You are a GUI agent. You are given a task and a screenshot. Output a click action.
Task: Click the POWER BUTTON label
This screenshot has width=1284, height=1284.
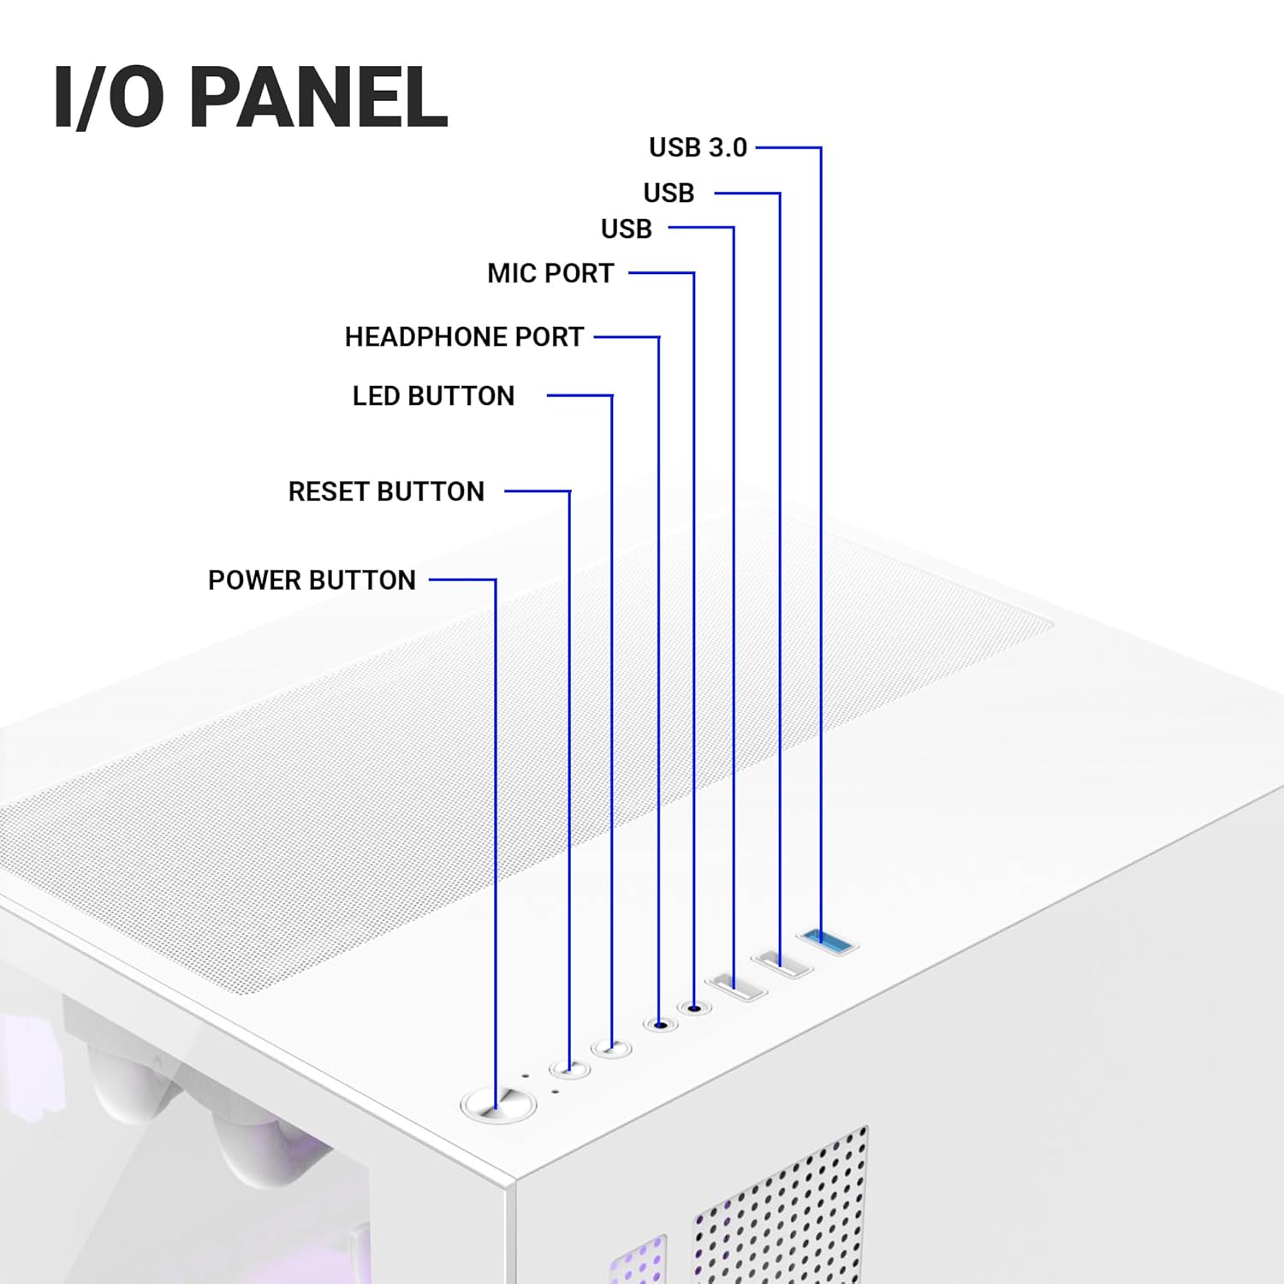tap(312, 580)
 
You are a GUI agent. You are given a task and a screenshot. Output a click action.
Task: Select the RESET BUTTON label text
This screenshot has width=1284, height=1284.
tap(386, 492)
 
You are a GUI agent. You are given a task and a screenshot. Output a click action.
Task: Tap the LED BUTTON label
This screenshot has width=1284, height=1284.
tap(433, 396)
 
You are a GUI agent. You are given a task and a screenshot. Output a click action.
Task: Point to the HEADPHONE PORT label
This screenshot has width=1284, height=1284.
tap(464, 337)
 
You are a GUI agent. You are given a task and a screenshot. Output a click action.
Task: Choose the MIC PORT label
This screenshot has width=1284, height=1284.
tap(550, 274)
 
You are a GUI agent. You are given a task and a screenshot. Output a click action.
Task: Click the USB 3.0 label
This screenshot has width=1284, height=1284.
tap(698, 148)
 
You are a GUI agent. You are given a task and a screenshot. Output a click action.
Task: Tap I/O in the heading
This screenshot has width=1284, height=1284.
tap(109, 97)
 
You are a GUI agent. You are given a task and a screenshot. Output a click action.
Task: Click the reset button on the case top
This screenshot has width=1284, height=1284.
tap(569, 1069)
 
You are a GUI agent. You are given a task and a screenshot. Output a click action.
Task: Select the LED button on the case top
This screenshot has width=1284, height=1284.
tap(611, 1048)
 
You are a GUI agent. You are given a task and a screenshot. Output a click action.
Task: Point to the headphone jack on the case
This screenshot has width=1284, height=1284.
tap(660, 1024)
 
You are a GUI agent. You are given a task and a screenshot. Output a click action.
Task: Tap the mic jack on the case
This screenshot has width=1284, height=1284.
tap(694, 1008)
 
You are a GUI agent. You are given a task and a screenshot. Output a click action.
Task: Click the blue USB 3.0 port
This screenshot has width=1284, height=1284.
tap(827, 942)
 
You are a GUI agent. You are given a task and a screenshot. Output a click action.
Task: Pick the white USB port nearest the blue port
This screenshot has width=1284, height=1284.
tap(782, 965)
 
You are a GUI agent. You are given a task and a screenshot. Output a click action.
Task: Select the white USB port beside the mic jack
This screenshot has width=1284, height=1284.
tap(735, 988)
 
